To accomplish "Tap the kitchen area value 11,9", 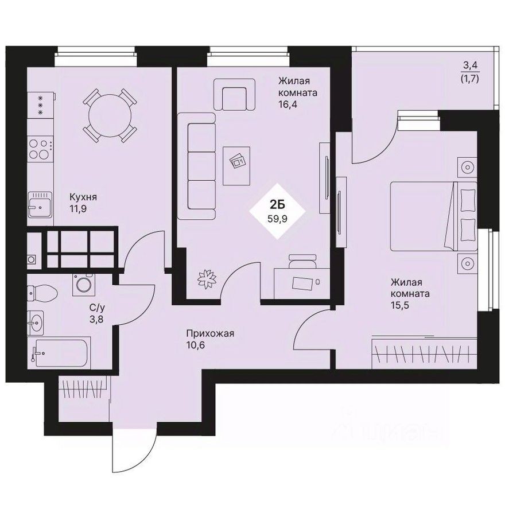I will click(x=80, y=209).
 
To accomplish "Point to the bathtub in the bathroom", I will click(x=60, y=350).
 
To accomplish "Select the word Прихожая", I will click(x=210, y=333).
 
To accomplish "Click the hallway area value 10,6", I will click(x=196, y=346).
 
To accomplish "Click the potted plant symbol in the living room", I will click(x=207, y=279).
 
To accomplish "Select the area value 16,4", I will click(x=289, y=105).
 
